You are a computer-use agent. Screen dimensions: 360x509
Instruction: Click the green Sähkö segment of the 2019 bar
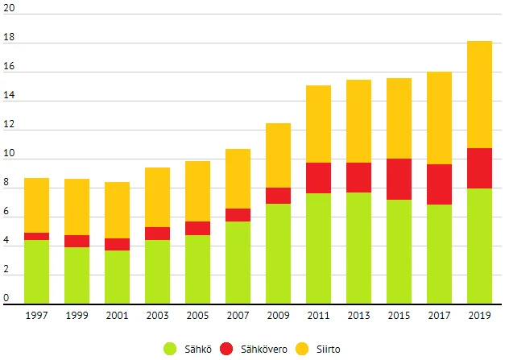click(479, 246)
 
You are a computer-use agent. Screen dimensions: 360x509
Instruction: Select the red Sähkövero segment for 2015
click(399, 179)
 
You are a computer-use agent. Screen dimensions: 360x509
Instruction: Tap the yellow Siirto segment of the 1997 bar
click(36, 205)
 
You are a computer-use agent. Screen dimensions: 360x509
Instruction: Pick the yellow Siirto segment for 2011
click(318, 124)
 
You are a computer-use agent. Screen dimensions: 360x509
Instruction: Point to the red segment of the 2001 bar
click(117, 244)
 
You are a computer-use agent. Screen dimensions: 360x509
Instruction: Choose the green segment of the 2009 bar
click(278, 253)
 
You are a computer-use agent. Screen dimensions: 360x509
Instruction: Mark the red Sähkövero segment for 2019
click(479, 168)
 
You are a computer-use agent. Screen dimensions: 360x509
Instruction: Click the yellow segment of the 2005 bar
click(197, 191)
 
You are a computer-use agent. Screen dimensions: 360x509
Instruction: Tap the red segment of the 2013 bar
click(358, 177)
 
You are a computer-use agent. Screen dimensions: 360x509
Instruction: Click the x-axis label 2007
click(238, 315)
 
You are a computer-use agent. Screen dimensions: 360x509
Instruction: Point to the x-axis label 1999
click(77, 315)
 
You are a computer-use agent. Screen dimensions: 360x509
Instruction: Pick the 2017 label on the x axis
click(439, 315)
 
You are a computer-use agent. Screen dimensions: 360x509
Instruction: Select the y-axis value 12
click(9, 124)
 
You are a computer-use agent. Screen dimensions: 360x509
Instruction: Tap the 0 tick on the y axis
click(6, 298)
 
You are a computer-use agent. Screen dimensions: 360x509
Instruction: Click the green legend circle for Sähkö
click(170, 348)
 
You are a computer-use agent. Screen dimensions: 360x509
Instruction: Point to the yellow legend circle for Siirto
click(325, 348)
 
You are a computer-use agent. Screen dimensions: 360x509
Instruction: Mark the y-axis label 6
click(6, 211)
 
